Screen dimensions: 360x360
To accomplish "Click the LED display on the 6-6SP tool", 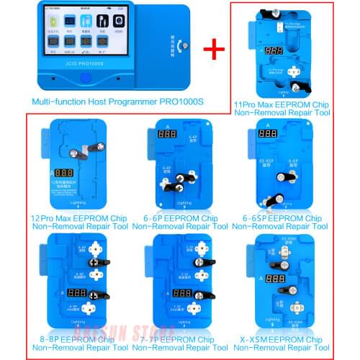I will coord(269,135).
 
